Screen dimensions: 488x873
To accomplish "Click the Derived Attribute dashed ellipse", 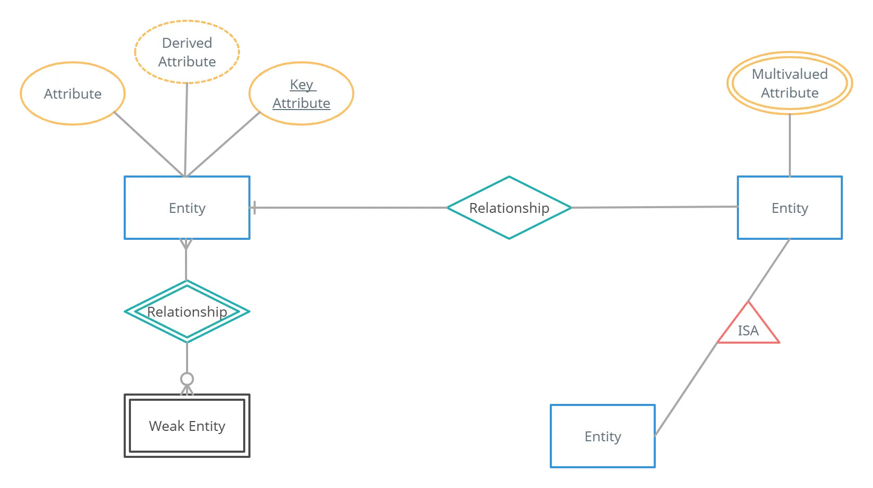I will coord(187,52).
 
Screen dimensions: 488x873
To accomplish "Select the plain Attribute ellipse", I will coord(73,93).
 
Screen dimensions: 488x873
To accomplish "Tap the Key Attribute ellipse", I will coord(301,93).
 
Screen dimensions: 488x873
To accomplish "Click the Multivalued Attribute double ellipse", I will coord(789,83).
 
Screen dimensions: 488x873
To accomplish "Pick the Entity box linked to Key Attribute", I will coord(187,208).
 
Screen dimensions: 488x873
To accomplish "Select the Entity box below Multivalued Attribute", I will coord(789,208).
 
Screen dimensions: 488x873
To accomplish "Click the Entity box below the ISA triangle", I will coord(603,436).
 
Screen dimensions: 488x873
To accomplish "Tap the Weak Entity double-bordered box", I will coord(187,426).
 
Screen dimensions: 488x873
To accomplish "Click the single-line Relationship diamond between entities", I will coord(509,208).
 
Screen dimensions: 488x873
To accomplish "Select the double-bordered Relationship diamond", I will coord(187,311).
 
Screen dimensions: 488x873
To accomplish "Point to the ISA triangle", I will coord(748,327).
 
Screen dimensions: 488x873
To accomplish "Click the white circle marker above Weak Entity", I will coord(187,378).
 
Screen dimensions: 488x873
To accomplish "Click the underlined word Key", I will coord(302,85).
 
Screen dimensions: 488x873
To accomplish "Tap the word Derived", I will coord(187,43).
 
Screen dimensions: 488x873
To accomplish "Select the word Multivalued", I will coord(789,74).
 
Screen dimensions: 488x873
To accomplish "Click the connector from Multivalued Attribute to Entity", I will coord(789,145).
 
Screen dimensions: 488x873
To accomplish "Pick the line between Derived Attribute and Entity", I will coord(187,130).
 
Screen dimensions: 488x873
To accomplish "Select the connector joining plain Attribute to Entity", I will coord(148,143).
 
